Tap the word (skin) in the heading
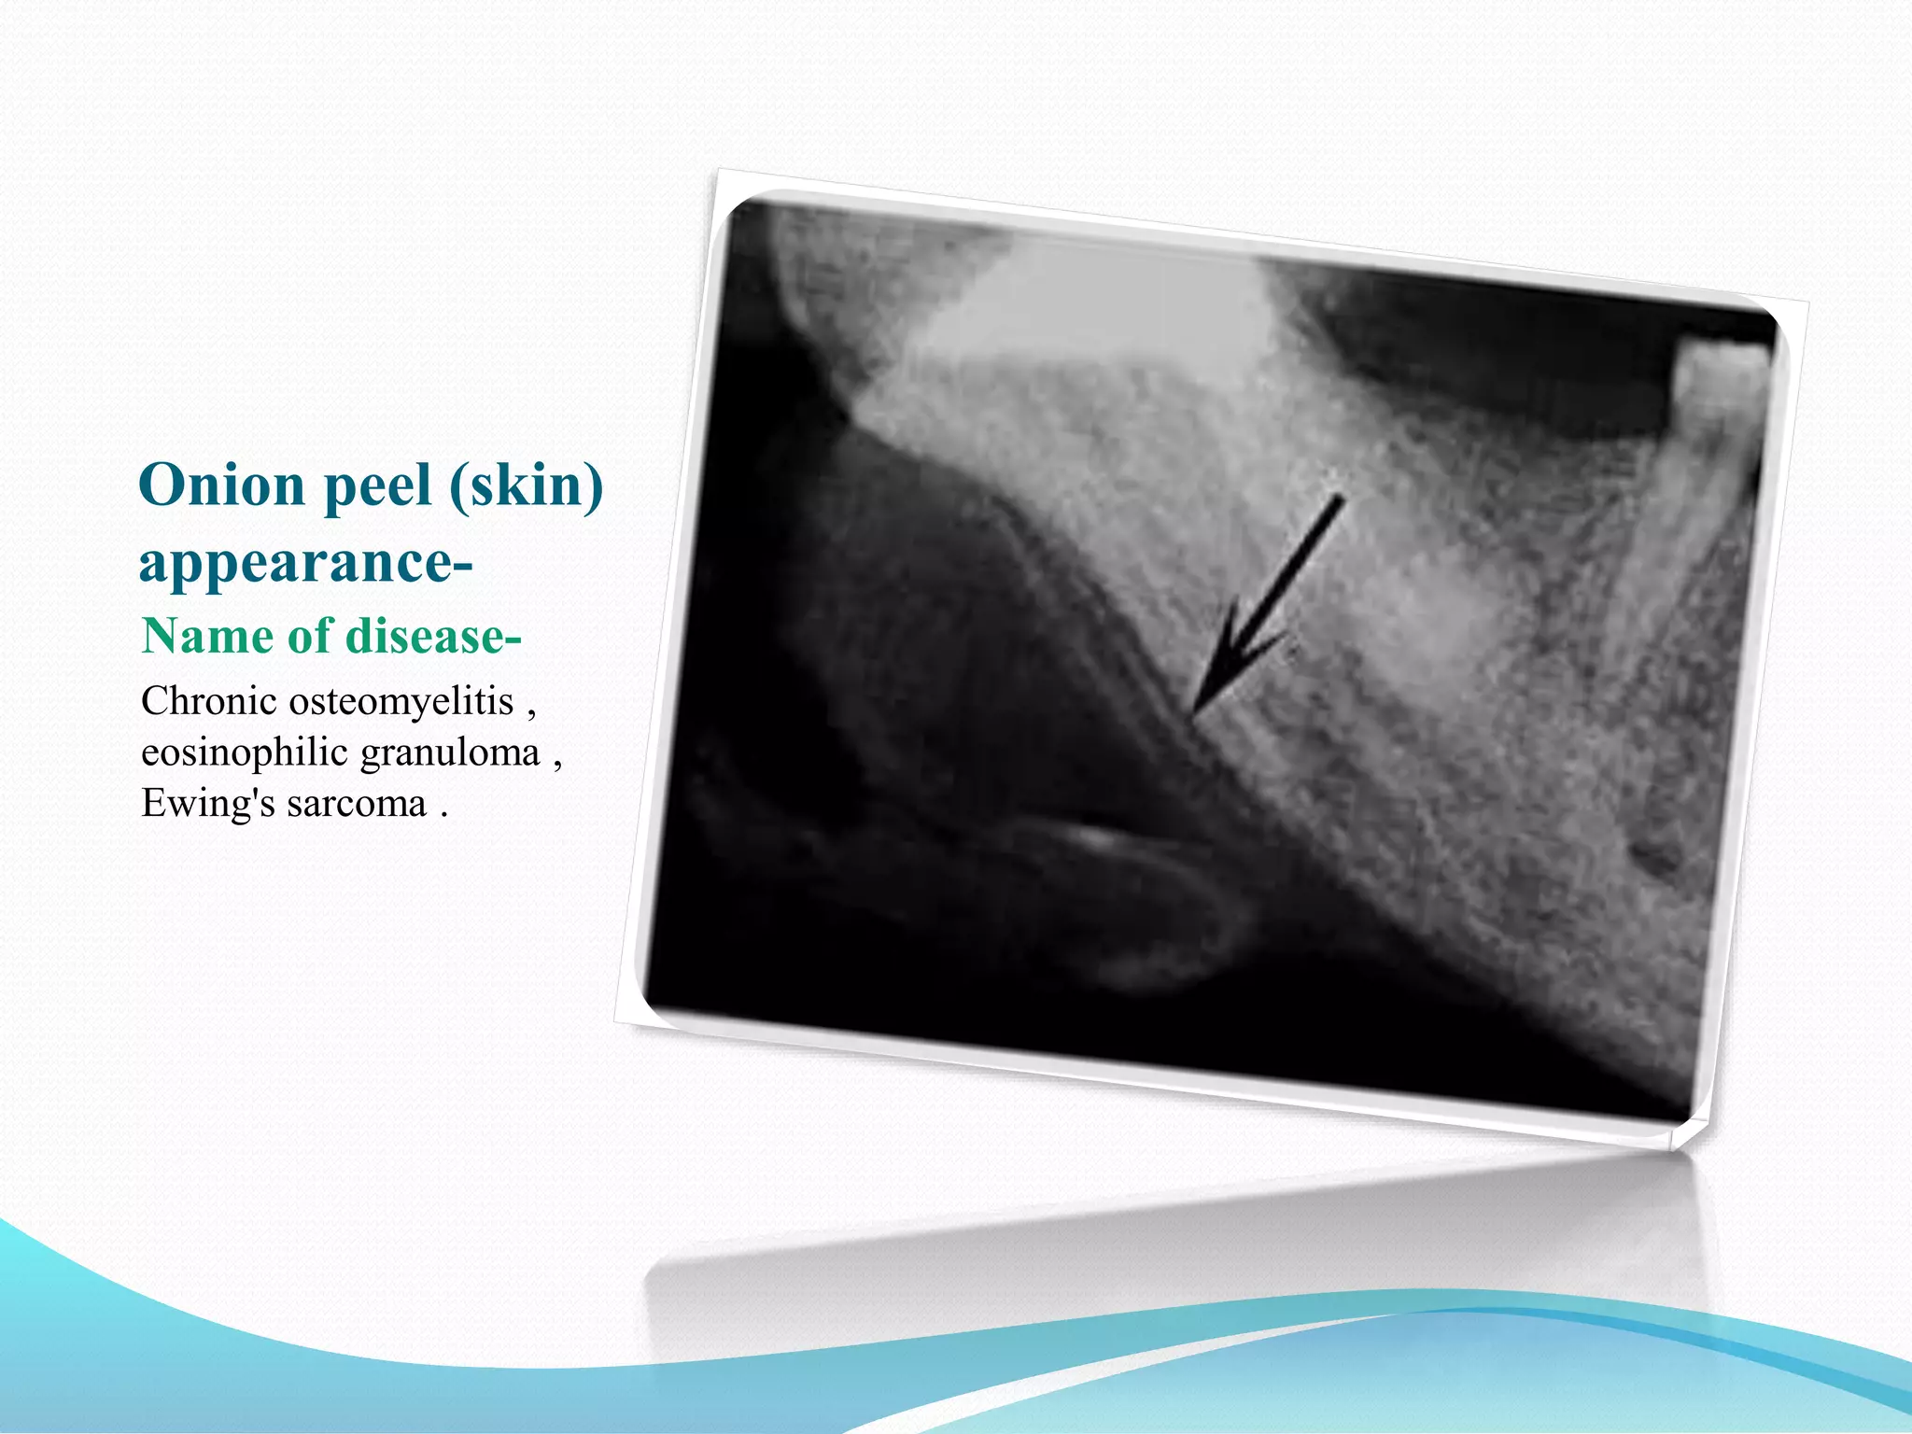(527, 485)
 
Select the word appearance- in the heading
(305, 562)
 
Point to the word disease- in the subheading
(433, 637)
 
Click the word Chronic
(209, 701)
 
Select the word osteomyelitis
(401, 703)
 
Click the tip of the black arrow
(1196, 714)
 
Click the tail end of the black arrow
(1340, 499)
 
